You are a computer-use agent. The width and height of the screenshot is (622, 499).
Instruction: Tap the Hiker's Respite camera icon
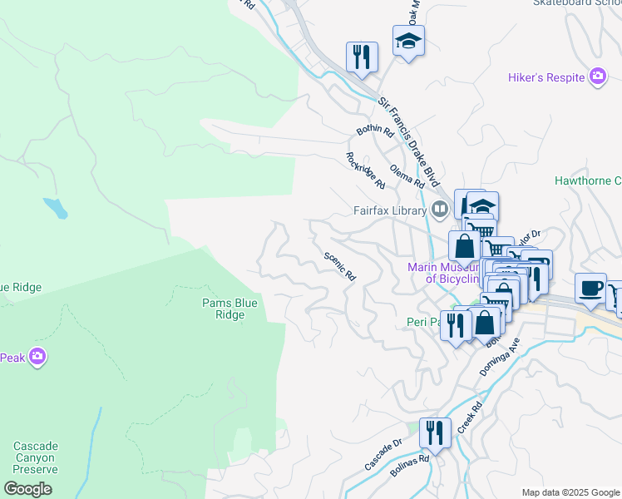[x=597, y=78]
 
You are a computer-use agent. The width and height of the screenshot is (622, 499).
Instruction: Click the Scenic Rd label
[x=339, y=266]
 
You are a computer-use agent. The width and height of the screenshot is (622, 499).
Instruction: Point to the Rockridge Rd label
[x=366, y=170]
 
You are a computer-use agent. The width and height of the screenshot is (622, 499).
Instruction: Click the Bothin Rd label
[x=374, y=131]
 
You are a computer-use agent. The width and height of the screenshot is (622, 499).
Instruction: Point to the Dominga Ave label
[x=499, y=358]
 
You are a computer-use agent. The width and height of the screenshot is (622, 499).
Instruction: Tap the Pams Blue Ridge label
[x=230, y=309]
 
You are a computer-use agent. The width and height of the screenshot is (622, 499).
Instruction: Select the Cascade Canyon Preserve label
[x=35, y=457]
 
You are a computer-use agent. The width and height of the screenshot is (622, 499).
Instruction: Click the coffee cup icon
[x=590, y=287]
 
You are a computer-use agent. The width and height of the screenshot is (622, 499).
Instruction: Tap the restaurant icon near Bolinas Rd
[x=434, y=432]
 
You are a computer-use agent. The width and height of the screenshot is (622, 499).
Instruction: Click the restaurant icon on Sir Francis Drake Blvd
[x=362, y=57]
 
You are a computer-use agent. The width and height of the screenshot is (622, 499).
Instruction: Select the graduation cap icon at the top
[x=408, y=41]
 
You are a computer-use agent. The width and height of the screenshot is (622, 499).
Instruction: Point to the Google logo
[x=28, y=490]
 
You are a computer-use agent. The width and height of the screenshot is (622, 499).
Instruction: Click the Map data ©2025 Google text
[x=570, y=492]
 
